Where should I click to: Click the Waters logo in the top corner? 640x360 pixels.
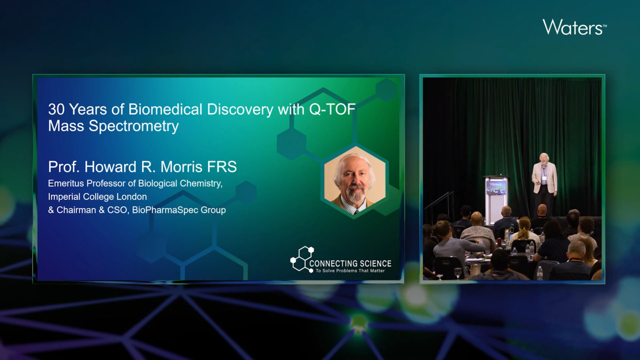pyautogui.click(x=574, y=27)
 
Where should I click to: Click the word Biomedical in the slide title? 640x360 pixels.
pyautogui.click(x=165, y=109)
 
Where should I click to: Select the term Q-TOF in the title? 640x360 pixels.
pyautogui.click(x=332, y=109)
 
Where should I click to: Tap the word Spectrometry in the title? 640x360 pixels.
pyautogui.click(x=133, y=126)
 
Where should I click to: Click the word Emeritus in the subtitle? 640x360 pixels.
pyautogui.click(x=66, y=183)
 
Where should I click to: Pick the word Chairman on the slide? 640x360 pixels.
pyautogui.click(x=76, y=210)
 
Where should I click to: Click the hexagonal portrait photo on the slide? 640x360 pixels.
pyautogui.click(x=354, y=182)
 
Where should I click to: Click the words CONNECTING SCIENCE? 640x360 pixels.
pyautogui.click(x=350, y=263)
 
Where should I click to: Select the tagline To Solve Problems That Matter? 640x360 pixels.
pyautogui.click(x=350, y=271)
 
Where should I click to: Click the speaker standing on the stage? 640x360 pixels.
pyautogui.click(x=544, y=184)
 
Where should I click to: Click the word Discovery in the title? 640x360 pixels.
pyautogui.click(x=240, y=109)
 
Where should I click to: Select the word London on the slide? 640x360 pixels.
pyautogui.click(x=132, y=197)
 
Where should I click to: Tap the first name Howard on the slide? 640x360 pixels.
pyautogui.click(x=110, y=167)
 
